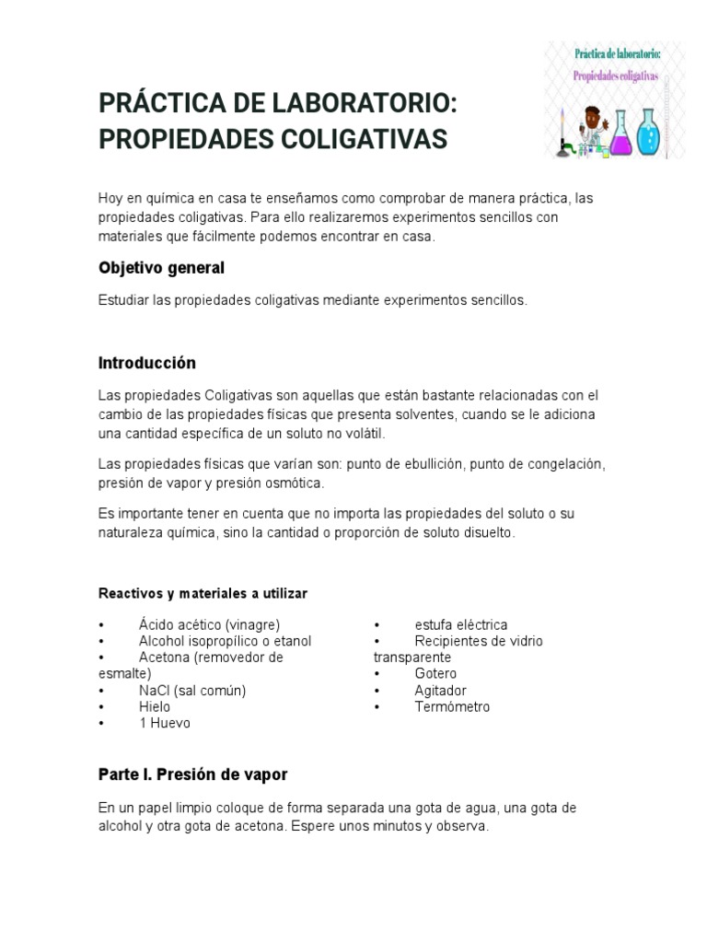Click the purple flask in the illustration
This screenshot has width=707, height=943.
point(621,136)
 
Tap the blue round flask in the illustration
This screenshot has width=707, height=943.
point(650,134)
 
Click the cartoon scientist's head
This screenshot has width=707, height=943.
point(592,118)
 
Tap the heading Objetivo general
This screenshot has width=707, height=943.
point(161,268)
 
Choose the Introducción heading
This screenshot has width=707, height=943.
point(147,363)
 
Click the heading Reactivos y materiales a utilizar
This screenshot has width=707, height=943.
point(203,594)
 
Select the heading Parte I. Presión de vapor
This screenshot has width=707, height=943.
point(192,774)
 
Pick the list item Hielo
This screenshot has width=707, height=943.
point(155,707)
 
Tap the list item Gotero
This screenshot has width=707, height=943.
point(435,674)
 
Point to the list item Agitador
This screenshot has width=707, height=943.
point(440,691)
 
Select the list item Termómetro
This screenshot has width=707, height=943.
point(452,707)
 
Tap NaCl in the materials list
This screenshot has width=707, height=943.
point(155,691)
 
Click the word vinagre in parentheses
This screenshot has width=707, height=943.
point(244,624)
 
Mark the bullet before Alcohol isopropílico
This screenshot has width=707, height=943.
point(102,641)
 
